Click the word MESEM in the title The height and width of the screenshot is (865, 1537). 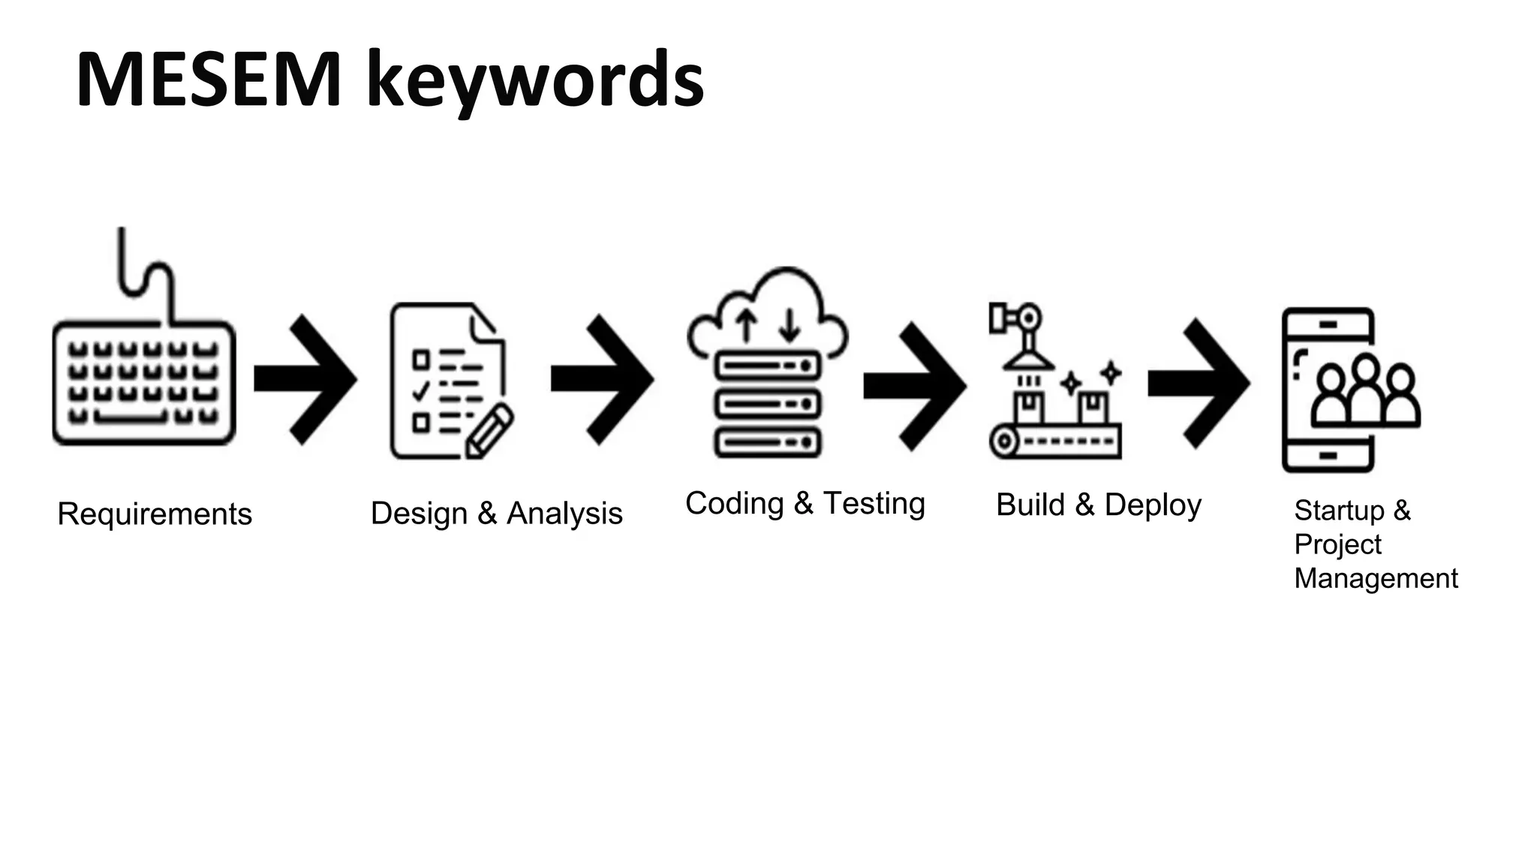pyautogui.click(x=209, y=80)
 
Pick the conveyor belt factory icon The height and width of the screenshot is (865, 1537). pyautogui.click(x=1055, y=383)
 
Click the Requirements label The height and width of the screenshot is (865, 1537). pyautogui.click(x=155, y=514)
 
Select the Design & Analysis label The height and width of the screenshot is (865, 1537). pyautogui.click(x=496, y=514)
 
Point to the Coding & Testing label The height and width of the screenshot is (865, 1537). pyautogui.click(x=805, y=504)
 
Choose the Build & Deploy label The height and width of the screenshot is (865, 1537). pyautogui.click(x=1098, y=505)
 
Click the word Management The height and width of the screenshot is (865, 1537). pyautogui.click(x=1376, y=579)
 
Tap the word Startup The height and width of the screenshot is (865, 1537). pyautogui.click(x=1339, y=511)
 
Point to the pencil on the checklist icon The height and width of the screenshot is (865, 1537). pyautogui.click(x=489, y=431)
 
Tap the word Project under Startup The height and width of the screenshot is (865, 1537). pyautogui.click(x=1337, y=544)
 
